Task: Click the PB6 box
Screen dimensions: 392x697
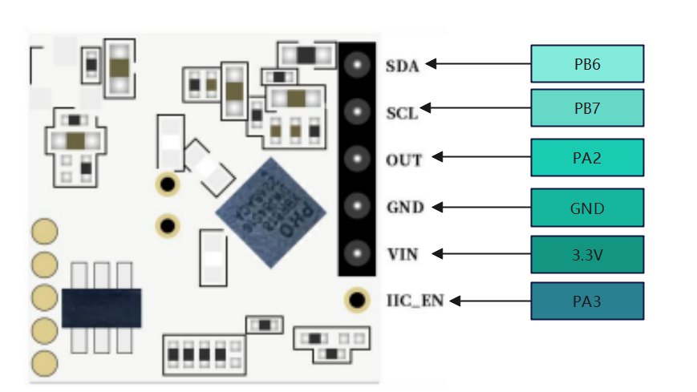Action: [x=587, y=63]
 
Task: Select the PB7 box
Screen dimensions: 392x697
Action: [x=587, y=107]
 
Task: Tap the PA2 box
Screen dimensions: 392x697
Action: [x=587, y=158]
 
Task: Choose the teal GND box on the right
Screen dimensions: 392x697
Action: [x=587, y=208]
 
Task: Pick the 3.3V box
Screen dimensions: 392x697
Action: [x=587, y=255]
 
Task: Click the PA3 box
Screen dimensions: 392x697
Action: [x=587, y=301]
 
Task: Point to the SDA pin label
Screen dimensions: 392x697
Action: [x=402, y=66]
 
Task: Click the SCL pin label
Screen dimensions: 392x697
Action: [x=402, y=113]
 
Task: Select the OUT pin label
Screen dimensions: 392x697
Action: [x=403, y=160]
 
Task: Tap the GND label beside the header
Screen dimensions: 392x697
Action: [x=404, y=207]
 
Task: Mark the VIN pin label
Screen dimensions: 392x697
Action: [x=402, y=254]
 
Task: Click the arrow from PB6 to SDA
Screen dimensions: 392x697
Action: [x=478, y=63]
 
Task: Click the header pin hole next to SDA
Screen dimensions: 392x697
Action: [x=355, y=63]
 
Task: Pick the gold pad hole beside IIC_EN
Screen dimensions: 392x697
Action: [x=355, y=301]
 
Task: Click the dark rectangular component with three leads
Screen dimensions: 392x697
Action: [x=102, y=307]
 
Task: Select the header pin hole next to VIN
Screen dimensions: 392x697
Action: [x=355, y=253]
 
